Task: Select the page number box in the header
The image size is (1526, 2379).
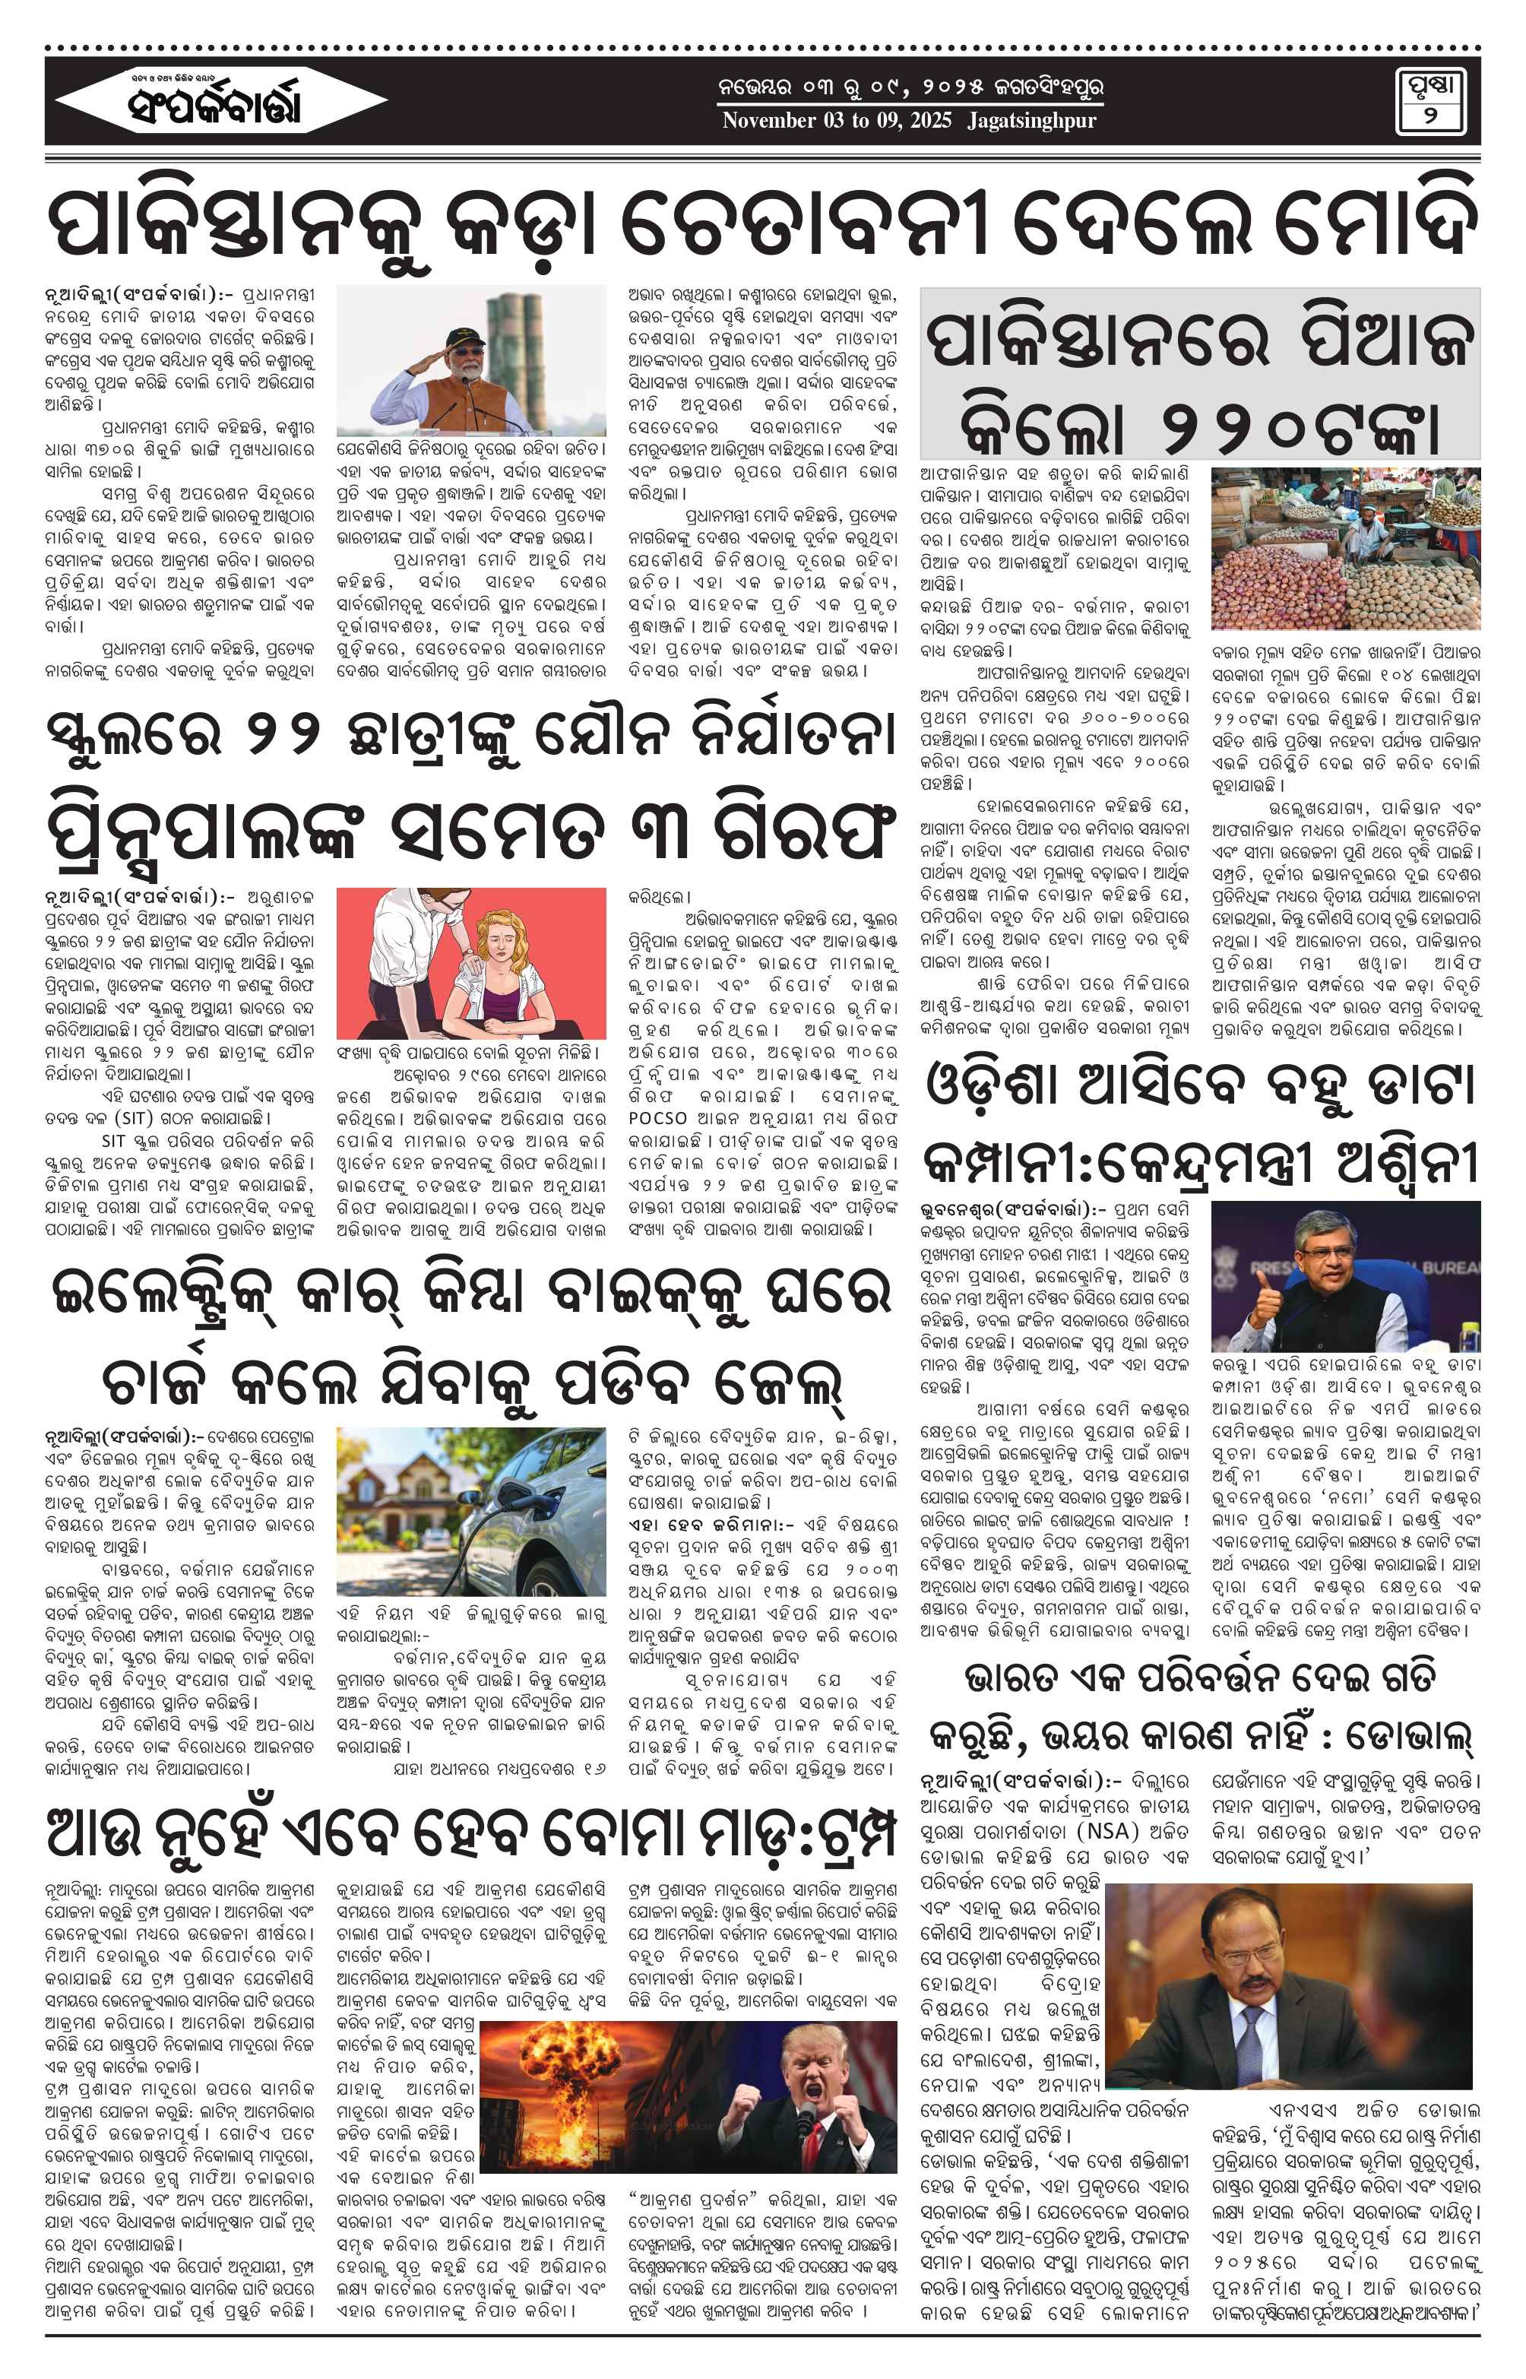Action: pyautogui.click(x=1431, y=101)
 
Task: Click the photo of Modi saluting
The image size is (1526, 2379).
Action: pyautogui.click(x=470, y=361)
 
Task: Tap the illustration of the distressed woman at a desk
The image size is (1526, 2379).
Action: pyautogui.click(x=470, y=962)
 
